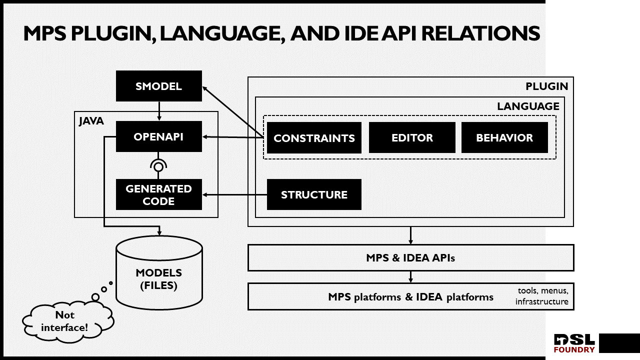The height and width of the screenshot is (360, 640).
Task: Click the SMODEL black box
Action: tap(158, 86)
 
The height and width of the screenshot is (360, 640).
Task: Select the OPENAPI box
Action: tap(158, 136)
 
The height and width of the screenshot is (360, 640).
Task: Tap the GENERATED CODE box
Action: tap(158, 194)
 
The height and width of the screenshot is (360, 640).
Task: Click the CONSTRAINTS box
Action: tap(314, 138)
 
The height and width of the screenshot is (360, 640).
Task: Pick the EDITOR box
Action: tap(412, 138)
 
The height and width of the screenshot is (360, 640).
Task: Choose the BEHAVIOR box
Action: tap(504, 138)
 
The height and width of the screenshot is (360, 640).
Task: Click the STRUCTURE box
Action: tap(314, 194)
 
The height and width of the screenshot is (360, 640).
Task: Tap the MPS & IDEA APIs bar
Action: tap(410, 258)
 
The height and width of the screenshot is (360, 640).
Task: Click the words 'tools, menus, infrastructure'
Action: tap(542, 296)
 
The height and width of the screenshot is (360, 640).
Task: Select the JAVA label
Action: tap(91, 121)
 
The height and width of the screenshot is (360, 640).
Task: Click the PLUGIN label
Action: tap(546, 86)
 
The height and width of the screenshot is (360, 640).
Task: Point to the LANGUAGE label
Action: tap(528, 106)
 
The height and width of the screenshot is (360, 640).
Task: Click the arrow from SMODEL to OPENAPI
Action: tap(159, 110)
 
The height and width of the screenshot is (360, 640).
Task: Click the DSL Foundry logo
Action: tap(574, 343)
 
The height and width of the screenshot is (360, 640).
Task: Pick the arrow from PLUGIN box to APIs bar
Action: tap(410, 235)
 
